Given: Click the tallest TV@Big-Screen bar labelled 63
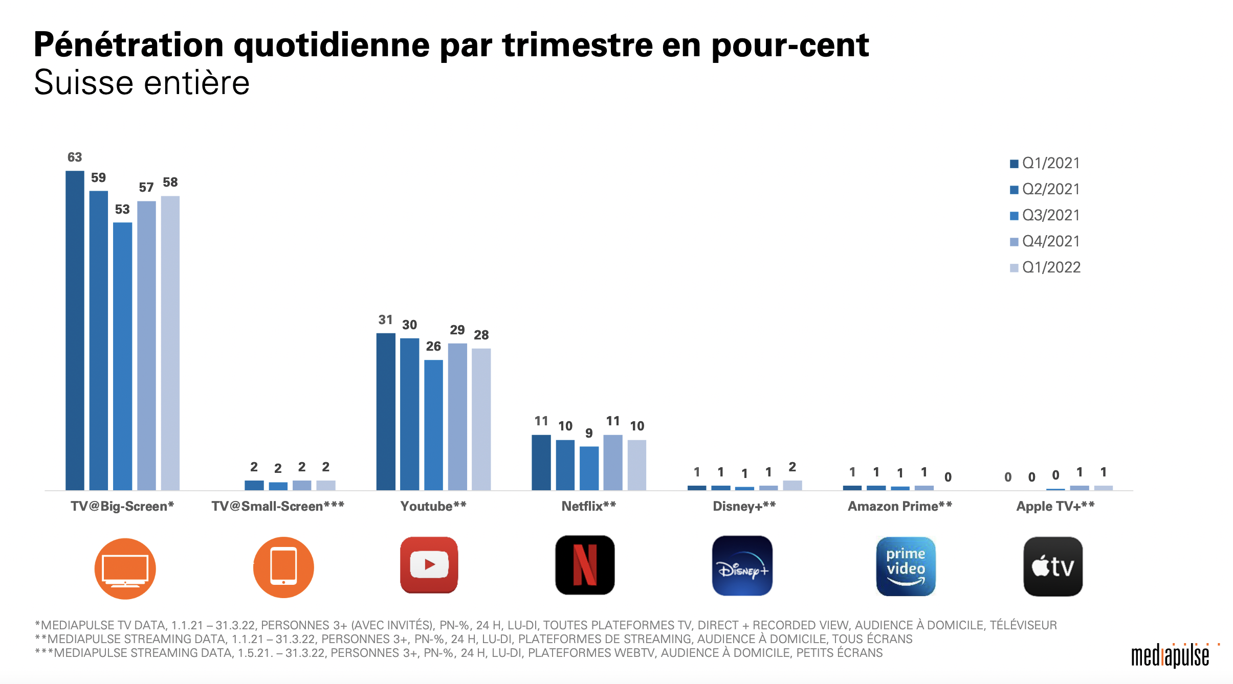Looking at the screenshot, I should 75,330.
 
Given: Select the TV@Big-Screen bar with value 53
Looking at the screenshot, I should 122,356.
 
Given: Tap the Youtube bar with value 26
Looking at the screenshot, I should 433,425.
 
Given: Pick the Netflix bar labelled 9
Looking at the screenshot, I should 589,468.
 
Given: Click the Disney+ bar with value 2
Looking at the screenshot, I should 792,485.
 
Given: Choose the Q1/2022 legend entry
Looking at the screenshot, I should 1045,267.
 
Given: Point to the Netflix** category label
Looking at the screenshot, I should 589,506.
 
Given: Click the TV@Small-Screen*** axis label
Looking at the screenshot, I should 278,506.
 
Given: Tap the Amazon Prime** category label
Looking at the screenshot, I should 900,506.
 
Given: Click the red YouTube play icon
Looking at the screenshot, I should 429,565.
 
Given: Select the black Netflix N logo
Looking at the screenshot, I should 585,565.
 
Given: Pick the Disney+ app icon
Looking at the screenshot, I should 742,566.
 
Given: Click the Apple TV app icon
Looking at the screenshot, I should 1053,566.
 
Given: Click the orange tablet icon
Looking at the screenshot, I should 283,567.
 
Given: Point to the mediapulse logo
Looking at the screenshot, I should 1170,656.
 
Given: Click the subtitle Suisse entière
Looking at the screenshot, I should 142,83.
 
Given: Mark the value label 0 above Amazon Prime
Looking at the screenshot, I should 948,477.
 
